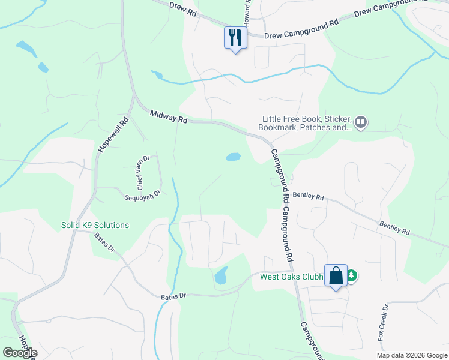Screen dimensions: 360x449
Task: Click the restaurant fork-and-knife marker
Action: tap(235, 38)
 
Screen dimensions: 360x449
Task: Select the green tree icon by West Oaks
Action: tap(352, 277)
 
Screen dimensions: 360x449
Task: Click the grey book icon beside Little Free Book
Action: tap(361, 122)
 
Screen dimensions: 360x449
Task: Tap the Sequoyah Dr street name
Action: tap(143, 194)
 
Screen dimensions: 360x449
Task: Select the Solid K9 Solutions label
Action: tap(95, 225)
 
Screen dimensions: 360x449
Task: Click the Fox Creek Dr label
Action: tap(383, 323)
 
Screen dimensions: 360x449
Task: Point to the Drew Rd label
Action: tap(183, 11)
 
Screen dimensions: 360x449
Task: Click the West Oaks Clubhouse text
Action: tap(292, 277)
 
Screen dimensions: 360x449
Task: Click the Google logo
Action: tap(20, 353)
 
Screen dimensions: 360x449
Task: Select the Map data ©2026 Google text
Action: tap(412, 355)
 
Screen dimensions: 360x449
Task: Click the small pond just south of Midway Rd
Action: tap(233, 157)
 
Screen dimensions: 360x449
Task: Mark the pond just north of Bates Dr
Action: tap(221, 275)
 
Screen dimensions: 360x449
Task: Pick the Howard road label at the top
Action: tap(247, 12)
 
